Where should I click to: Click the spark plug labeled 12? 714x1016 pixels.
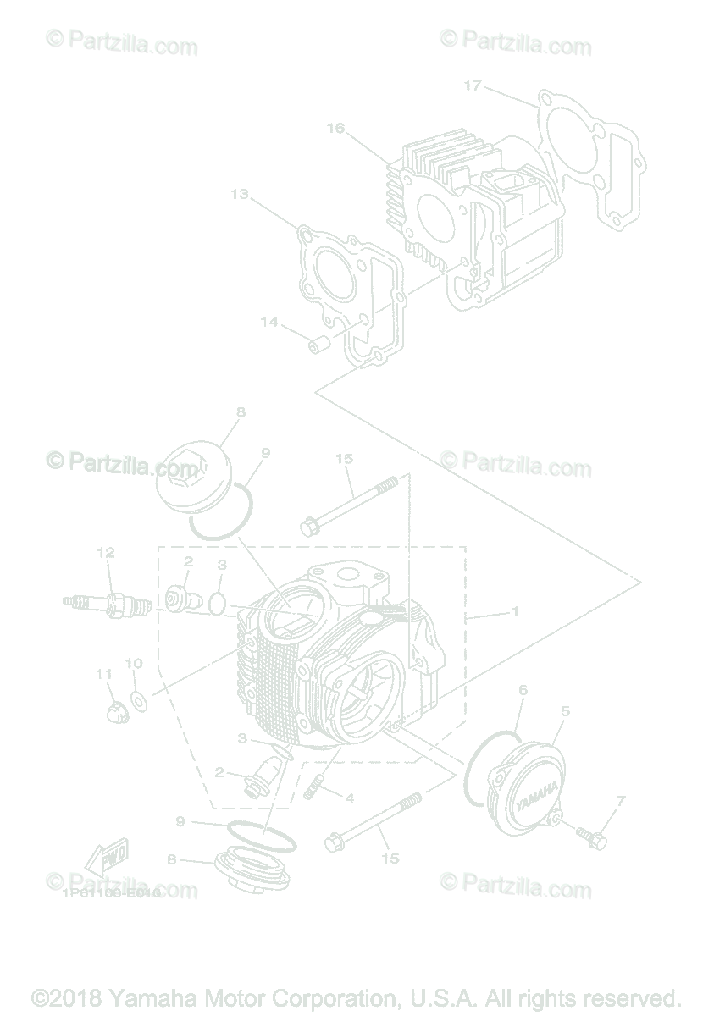click(x=108, y=604)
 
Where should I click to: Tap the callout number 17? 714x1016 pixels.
click(x=473, y=86)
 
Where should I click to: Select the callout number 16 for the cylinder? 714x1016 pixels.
click(x=335, y=128)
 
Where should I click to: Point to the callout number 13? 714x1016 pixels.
click(x=239, y=194)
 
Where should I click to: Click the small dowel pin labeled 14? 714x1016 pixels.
click(x=319, y=345)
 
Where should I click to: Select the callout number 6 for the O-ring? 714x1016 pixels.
click(x=523, y=691)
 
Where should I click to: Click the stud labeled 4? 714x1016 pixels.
click(x=313, y=787)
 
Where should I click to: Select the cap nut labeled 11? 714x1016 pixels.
click(x=115, y=710)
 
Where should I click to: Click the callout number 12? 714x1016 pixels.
click(x=105, y=553)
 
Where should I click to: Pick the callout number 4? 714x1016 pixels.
click(x=349, y=798)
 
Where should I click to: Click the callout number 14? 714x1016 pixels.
click(x=269, y=322)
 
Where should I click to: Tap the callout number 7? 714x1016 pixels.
click(x=621, y=800)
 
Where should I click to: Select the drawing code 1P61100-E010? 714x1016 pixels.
click(x=110, y=892)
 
